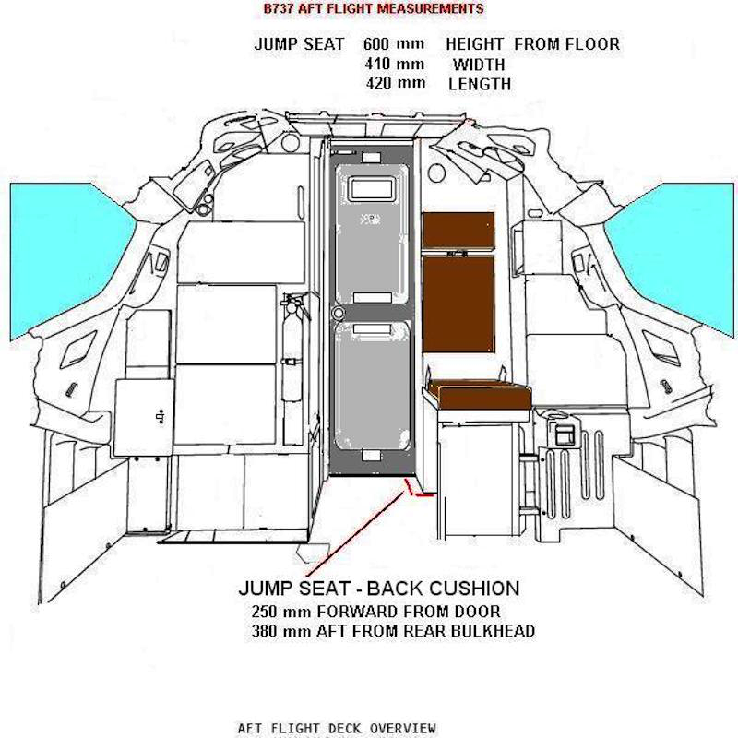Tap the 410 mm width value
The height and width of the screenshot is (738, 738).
tap(396, 65)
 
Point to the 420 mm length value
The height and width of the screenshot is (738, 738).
tap(396, 84)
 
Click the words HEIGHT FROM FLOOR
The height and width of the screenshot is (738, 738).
tap(532, 44)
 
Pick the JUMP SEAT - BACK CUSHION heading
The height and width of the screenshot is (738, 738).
tap(378, 589)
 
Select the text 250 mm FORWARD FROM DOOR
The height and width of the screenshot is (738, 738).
tap(375, 612)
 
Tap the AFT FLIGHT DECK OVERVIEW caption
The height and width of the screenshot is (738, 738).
tap(336, 728)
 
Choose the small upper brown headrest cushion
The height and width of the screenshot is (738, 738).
tap(458, 230)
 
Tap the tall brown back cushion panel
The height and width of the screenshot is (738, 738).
tap(458, 302)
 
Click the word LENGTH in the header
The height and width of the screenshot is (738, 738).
tap(480, 84)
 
